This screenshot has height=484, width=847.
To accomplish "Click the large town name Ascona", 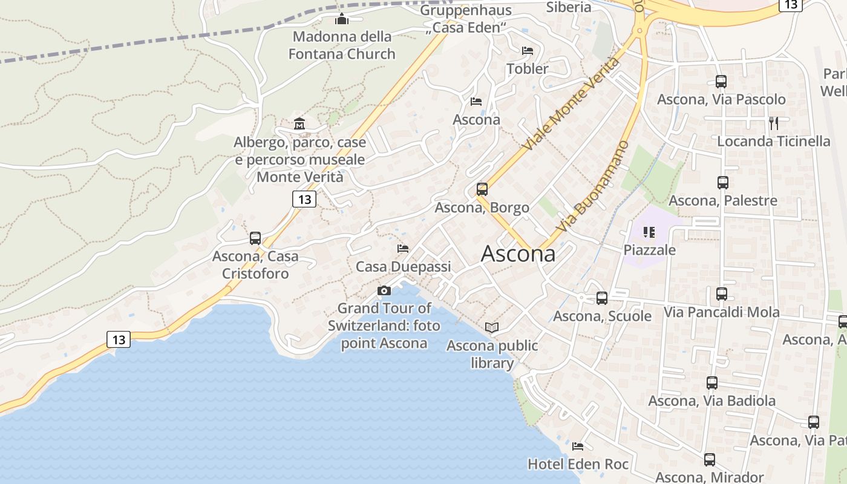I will pos(518,253).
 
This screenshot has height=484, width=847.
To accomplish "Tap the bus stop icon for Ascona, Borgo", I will pos(482,189).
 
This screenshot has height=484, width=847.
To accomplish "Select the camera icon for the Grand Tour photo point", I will pos(384,291).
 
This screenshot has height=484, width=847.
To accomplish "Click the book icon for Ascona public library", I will pos(492,328).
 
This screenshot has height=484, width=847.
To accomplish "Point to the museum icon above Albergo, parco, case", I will pos(299,124).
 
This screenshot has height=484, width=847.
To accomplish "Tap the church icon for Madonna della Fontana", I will pos(342,19).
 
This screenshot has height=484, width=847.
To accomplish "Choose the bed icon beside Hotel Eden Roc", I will pos(578,446).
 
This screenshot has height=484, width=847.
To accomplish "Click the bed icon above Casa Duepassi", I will pos(403,249).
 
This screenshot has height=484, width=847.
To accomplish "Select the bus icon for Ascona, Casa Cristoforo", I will pos(255,238).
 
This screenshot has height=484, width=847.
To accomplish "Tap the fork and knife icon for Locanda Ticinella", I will pos(774,123).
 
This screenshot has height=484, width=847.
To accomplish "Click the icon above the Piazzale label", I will pos(650,232).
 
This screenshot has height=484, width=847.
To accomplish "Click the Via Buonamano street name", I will pos(593,187).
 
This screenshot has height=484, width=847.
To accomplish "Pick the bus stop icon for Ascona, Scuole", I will pos(602,298).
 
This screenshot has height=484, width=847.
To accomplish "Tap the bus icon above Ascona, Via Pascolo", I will pos(721,81).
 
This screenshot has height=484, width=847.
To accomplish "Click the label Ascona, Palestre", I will pos(723,200).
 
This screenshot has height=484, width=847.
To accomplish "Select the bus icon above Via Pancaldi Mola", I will pos(722,294).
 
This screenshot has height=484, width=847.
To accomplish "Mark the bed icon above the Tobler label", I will pos(528,51).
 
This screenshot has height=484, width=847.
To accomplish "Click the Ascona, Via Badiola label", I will pos(712,401).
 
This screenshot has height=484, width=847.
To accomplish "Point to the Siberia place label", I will pos(569,7).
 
